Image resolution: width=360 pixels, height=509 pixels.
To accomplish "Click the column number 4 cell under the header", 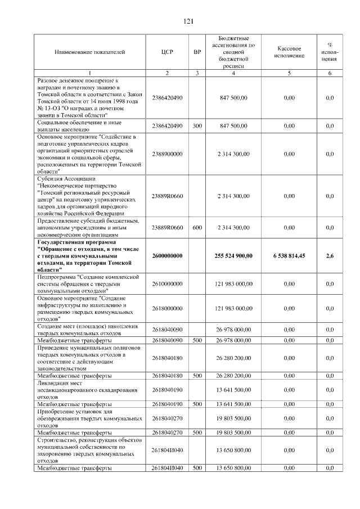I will click(x=233, y=73).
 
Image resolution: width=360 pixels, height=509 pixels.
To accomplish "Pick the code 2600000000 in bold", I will click(x=167, y=256).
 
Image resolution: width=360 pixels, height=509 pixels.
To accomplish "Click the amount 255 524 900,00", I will click(x=233, y=256).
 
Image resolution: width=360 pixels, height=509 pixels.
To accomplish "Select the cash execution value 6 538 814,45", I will click(x=290, y=256).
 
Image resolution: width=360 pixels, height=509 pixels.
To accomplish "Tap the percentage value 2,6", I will click(x=330, y=256).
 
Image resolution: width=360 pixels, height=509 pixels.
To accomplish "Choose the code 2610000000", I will click(x=167, y=284).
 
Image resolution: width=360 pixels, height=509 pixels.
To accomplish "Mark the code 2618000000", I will click(x=167, y=308).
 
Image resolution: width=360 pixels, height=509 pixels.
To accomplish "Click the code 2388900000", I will click(x=167, y=154).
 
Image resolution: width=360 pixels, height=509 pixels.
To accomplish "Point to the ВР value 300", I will click(x=197, y=126).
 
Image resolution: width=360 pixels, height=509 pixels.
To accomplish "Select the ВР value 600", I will click(x=197, y=228).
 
